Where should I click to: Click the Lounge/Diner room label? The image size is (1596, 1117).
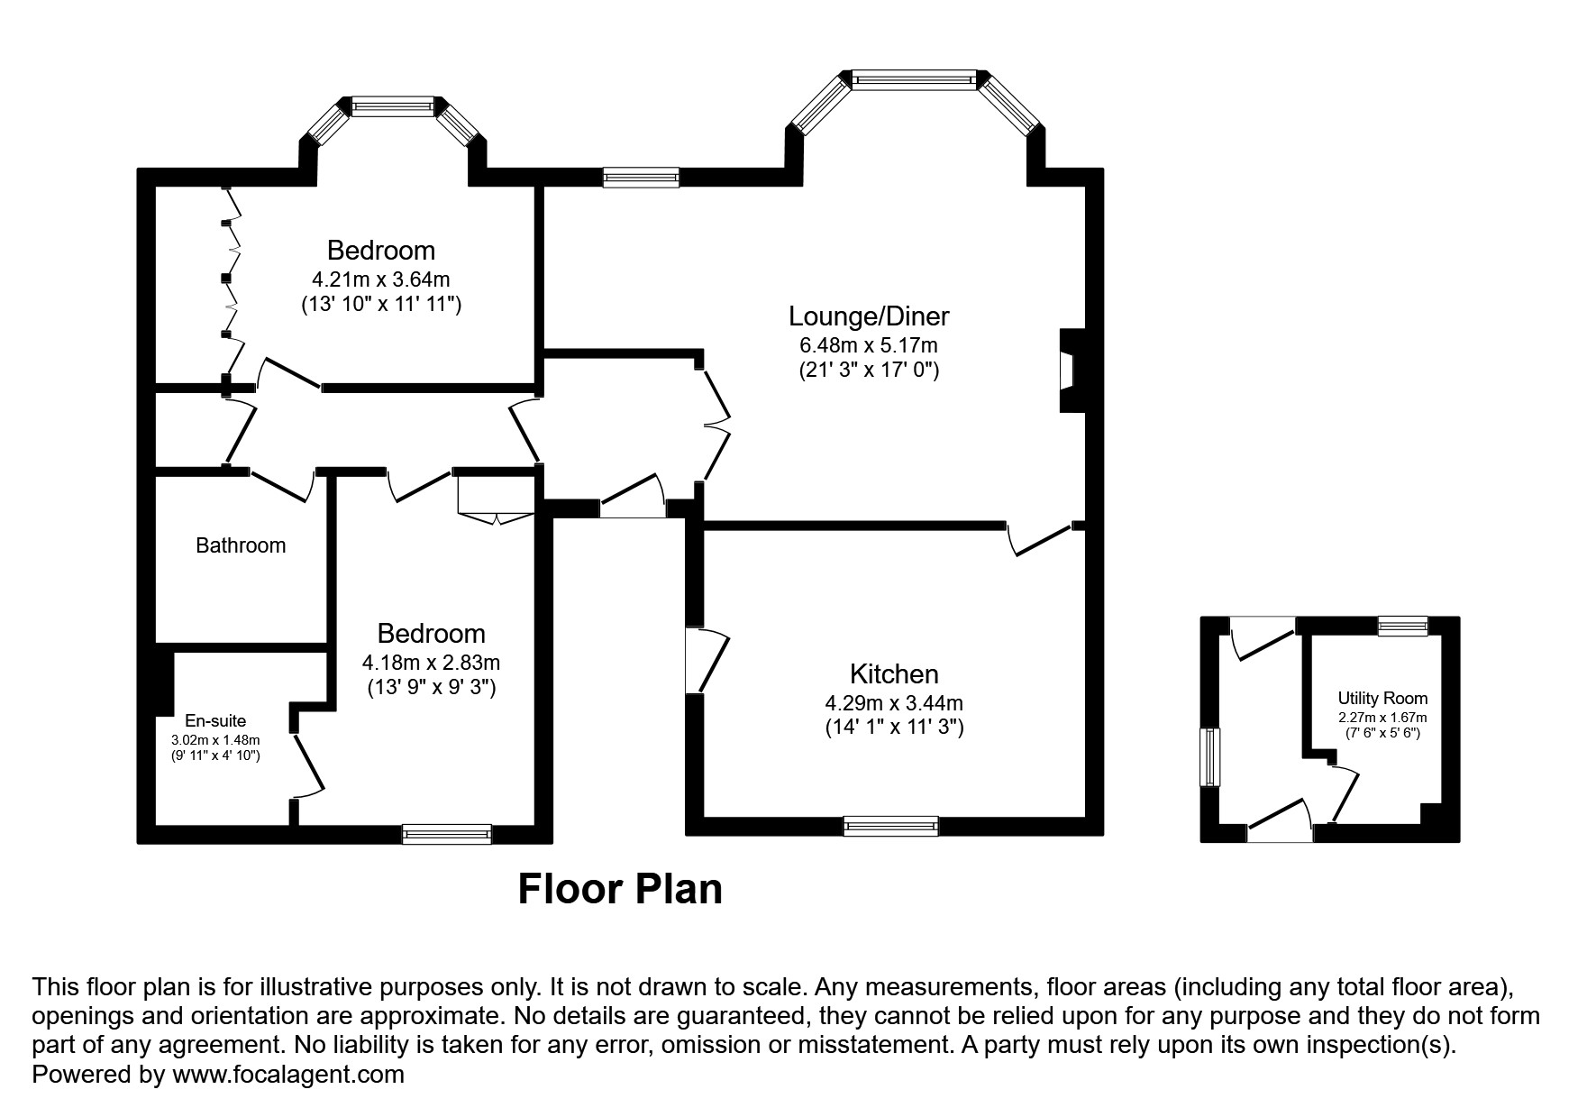[869, 316]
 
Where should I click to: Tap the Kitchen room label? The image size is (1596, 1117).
[894, 674]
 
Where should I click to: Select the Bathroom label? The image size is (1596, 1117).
[241, 545]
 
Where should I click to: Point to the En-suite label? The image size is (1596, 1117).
[215, 721]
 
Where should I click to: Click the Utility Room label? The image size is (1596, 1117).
[1382, 698]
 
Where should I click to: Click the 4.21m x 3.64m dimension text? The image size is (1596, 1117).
[380, 279]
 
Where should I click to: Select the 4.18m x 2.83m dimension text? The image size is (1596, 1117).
[431, 663]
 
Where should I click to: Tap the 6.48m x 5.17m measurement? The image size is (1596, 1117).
[869, 345]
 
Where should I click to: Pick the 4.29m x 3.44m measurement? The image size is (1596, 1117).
[894, 703]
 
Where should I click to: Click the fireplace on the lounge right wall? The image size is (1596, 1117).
[1071, 371]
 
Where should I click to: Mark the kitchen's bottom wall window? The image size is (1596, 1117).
[890, 825]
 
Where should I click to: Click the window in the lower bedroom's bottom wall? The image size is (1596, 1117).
[447, 834]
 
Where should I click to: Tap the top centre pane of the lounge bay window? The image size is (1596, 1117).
[914, 80]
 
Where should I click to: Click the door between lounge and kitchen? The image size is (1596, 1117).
[1040, 540]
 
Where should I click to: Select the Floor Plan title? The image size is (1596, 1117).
[620, 889]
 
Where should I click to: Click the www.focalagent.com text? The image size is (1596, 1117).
[287, 1075]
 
